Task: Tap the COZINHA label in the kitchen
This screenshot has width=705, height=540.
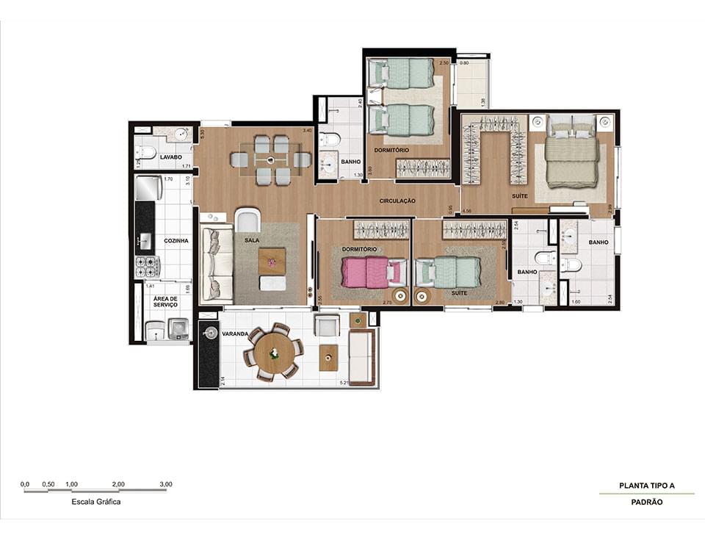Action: tap(176, 241)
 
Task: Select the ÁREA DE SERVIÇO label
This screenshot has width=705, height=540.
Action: tap(165, 301)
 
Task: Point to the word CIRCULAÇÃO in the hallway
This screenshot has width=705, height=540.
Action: tap(397, 201)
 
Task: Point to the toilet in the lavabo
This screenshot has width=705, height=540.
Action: tap(145, 153)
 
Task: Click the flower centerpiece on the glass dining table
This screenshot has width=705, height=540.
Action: tap(270, 159)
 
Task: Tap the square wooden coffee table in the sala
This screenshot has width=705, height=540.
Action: tap(272, 259)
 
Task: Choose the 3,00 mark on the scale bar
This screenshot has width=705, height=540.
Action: tap(166, 484)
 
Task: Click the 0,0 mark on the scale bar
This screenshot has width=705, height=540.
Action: tap(25, 484)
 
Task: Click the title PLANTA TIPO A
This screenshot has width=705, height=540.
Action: tap(646, 486)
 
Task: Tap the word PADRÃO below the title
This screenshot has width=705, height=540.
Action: tap(646, 503)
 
